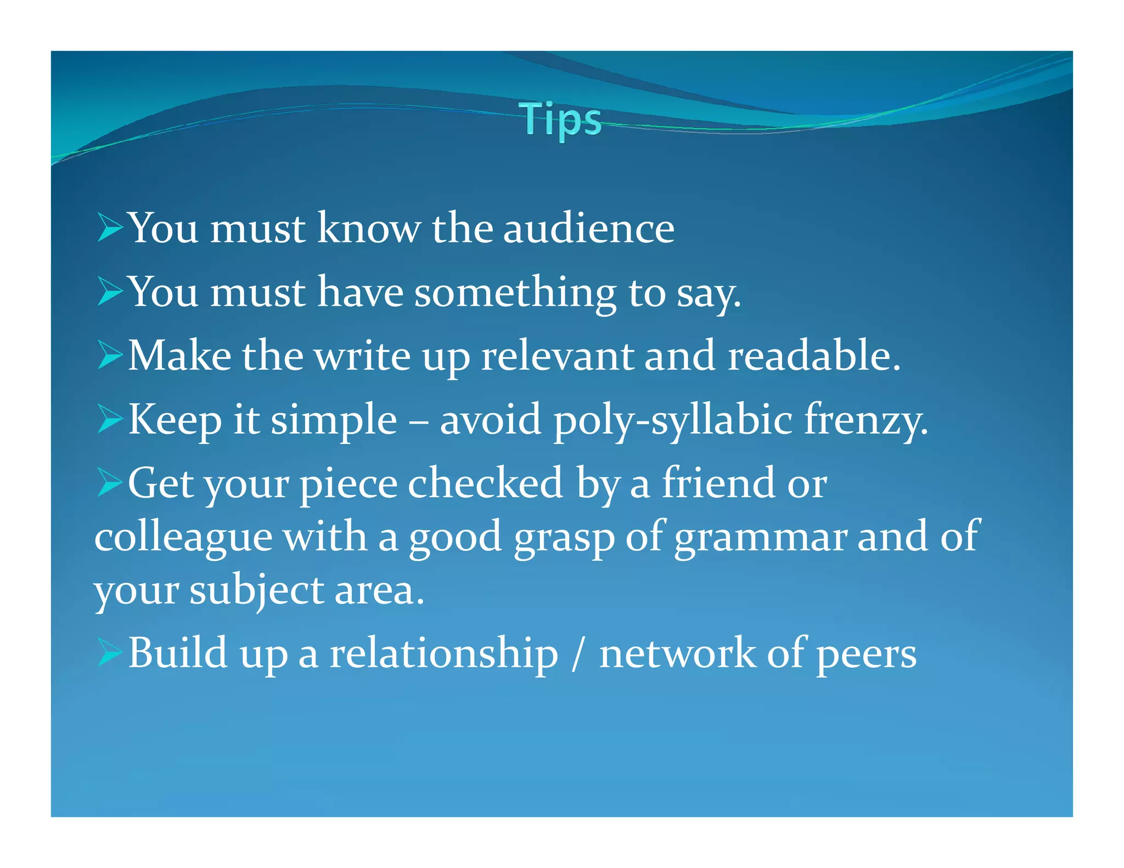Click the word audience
click(588, 228)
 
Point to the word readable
click(813, 356)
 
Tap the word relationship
click(443, 653)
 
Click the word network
click(677, 653)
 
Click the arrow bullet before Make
click(110, 355)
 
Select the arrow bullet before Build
click(110, 652)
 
